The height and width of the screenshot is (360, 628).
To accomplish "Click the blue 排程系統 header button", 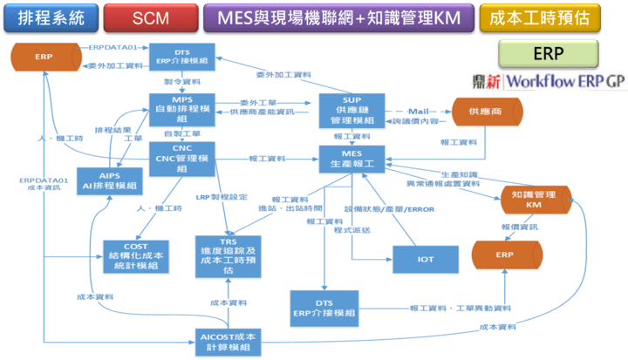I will (49, 17).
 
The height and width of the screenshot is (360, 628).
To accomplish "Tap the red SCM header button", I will (149, 17).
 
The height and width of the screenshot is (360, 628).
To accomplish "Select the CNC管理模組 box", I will (181, 158).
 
